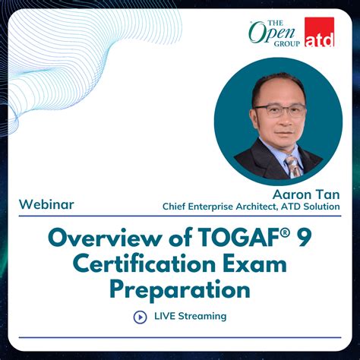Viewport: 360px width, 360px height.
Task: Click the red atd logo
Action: pos(319,32)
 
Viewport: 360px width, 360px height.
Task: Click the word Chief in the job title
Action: pos(176,206)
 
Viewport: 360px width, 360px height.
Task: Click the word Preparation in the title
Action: pos(179,289)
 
